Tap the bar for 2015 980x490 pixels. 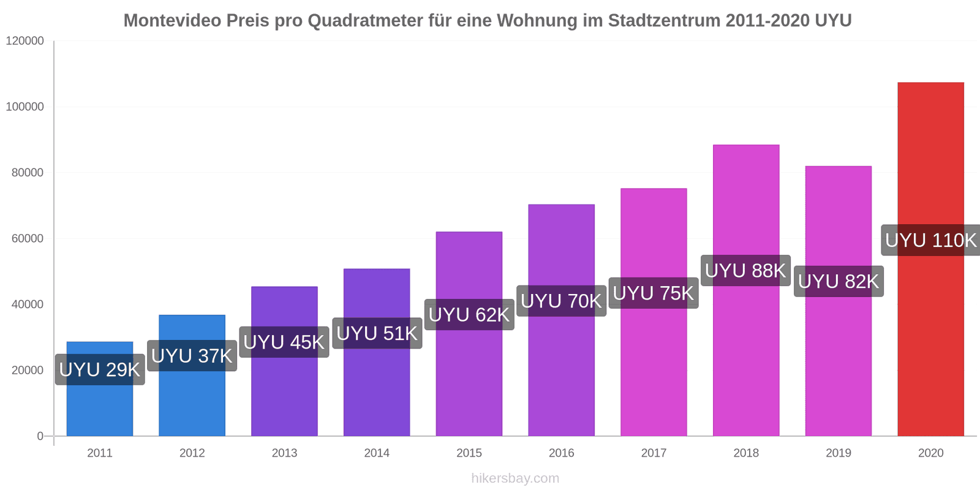pyautogui.click(x=469, y=380)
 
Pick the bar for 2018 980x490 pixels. pyautogui.click(x=745, y=355)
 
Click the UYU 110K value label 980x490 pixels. pyautogui.click(x=930, y=240)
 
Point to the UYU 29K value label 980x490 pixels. pyautogui.click(x=100, y=369)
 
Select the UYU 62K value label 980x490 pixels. pyautogui.click(x=469, y=315)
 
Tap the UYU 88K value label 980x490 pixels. pyautogui.click(x=745, y=270)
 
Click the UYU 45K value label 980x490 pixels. pyautogui.click(x=284, y=342)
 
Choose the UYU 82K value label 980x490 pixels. pyautogui.click(x=839, y=281)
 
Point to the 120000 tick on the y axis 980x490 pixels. pyautogui.click(x=25, y=41)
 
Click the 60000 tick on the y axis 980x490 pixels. pyautogui.click(x=28, y=239)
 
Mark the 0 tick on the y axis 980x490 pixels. pyautogui.click(x=40, y=436)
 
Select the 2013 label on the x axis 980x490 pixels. pyautogui.click(x=284, y=453)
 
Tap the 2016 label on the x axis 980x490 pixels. pyautogui.click(x=561, y=453)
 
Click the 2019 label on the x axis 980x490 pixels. pyautogui.click(x=838, y=453)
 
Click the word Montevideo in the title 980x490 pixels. pyautogui.click(x=172, y=21)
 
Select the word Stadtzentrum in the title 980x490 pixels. pyautogui.click(x=664, y=21)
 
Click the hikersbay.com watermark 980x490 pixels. pyautogui.click(x=515, y=478)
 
